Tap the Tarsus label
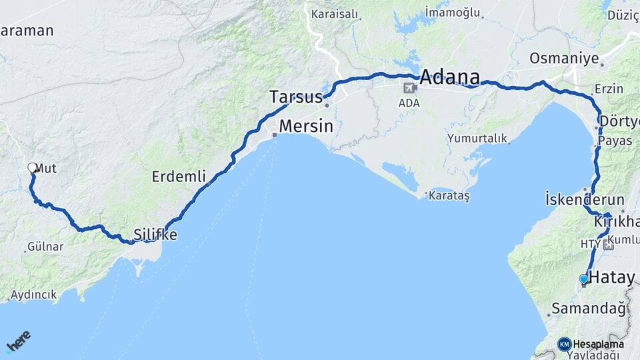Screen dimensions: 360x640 pos(296,97)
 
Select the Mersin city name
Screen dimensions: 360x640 pos(305,126)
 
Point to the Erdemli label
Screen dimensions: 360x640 pos(179,177)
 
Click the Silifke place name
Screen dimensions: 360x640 pos(155,235)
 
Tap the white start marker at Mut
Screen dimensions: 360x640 pos(32,168)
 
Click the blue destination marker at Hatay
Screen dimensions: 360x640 pos(584,279)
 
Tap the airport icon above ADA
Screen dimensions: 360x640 pos(409,87)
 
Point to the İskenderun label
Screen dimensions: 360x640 pos(585,199)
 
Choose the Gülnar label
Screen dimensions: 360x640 pos(45,247)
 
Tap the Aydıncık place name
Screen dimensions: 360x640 pos(33,295)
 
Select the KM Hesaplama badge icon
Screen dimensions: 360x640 pos(565,344)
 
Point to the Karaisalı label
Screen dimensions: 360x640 pos(335,14)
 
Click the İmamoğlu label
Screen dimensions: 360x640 pos(453,12)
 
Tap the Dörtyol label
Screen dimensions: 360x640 pos(619,121)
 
